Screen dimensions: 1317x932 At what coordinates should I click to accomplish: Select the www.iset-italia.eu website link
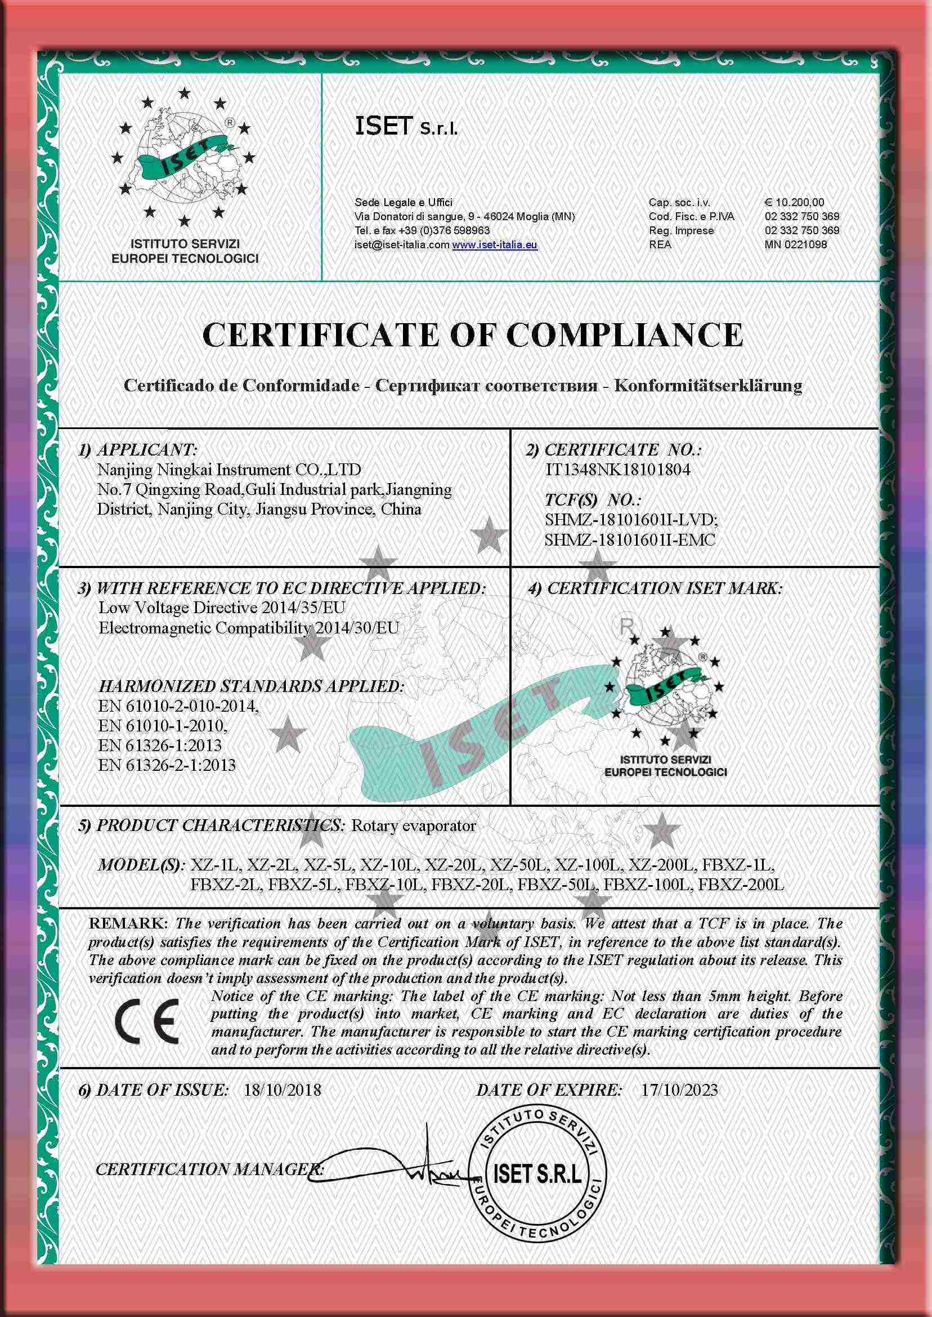(495, 244)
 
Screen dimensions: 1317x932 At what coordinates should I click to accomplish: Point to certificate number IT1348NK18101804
(617, 470)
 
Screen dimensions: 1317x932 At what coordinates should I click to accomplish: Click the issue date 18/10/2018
(283, 1090)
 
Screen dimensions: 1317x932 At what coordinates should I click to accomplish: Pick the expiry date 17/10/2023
(679, 1090)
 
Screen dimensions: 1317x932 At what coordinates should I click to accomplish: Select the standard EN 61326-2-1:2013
(167, 765)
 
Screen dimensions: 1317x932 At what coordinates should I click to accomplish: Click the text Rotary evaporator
(413, 825)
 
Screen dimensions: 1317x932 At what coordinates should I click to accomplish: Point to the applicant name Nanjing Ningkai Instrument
(229, 470)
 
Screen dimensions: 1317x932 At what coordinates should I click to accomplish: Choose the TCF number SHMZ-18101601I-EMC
(630, 539)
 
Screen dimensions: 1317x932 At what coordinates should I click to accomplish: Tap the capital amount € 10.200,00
(794, 202)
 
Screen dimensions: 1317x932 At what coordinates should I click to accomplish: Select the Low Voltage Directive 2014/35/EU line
(222, 608)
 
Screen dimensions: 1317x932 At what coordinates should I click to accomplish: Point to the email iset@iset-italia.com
(402, 244)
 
